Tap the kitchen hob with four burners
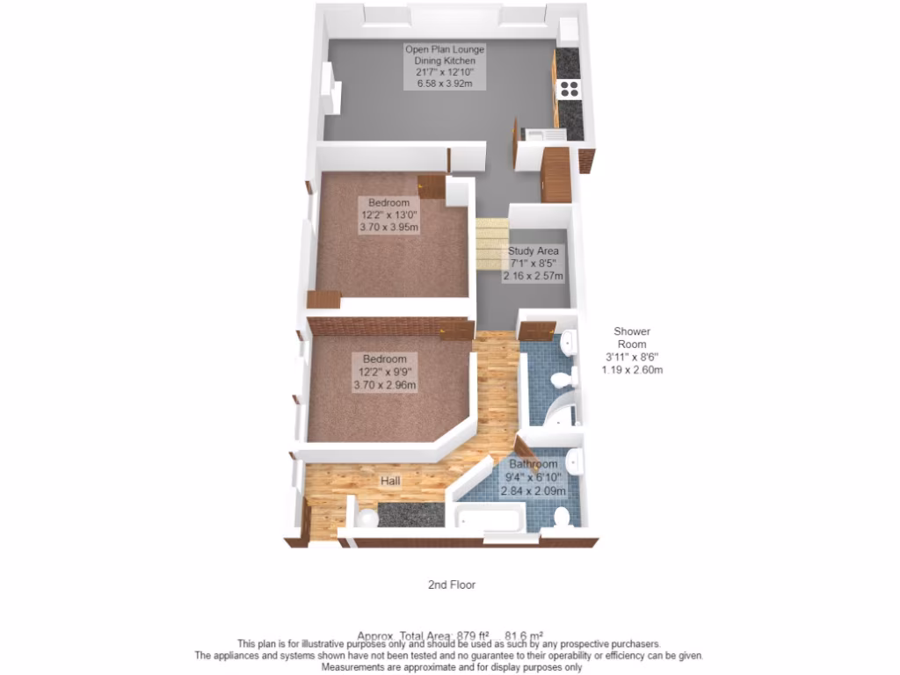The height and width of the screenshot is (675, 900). point(569,87)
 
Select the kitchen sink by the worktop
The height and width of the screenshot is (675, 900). point(537,134)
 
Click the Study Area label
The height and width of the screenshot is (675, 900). point(533,251)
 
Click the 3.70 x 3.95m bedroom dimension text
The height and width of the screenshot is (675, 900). point(388,227)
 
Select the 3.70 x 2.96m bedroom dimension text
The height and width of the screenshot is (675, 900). point(385,384)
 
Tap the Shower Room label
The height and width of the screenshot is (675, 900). point(632,337)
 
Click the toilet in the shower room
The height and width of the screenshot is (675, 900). point(560,379)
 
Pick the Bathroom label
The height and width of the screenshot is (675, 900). point(533,464)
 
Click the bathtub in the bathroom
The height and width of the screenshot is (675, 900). point(489,518)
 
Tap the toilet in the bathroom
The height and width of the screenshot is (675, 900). point(563,517)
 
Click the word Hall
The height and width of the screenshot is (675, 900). point(391,481)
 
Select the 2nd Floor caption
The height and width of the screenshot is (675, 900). point(452,584)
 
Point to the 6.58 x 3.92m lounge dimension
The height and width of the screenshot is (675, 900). point(444,84)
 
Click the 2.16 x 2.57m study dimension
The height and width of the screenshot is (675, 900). point(533,276)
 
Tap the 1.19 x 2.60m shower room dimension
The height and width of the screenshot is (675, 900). point(632,370)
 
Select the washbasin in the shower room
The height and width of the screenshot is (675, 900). point(568,341)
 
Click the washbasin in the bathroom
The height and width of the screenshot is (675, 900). point(572,459)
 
